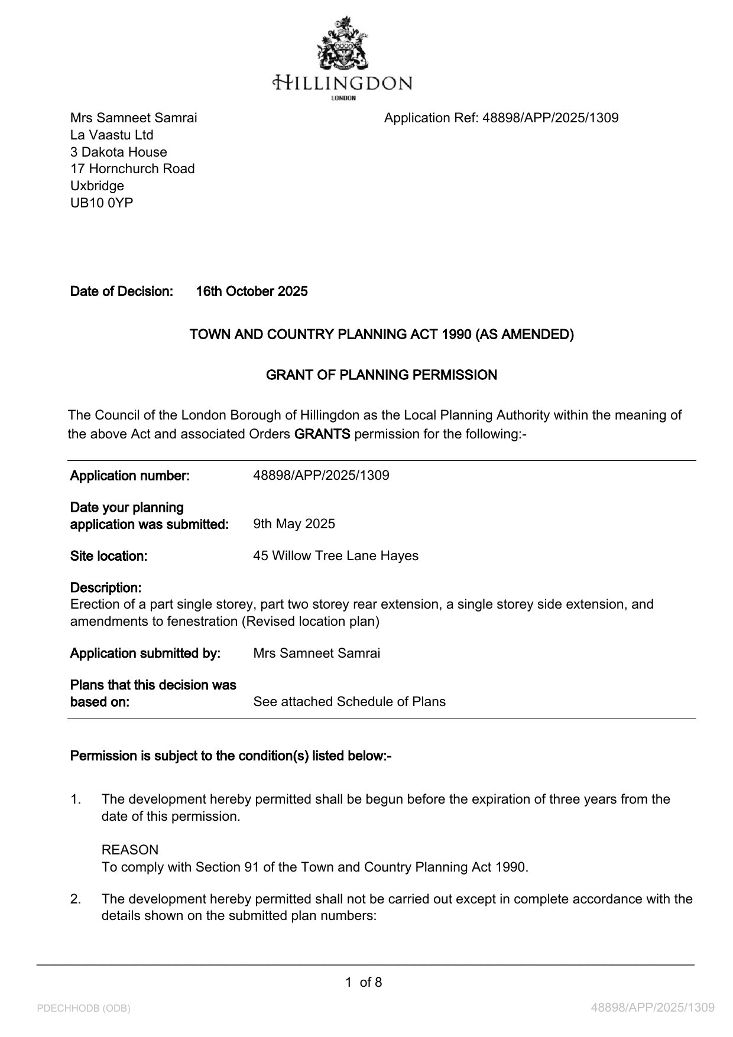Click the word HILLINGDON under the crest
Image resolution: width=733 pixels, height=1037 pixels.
tap(343, 83)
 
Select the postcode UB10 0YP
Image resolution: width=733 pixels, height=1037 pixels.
tap(102, 203)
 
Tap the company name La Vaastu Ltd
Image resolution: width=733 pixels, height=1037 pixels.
tap(112, 135)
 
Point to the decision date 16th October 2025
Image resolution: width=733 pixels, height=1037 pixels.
tap(252, 291)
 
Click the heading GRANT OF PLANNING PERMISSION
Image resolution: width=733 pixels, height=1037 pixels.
tap(381, 375)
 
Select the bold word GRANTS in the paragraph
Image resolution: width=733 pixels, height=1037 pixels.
tap(322, 434)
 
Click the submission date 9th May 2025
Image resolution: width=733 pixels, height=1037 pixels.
tap(294, 524)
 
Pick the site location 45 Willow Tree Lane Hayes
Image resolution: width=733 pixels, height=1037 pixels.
tap(335, 555)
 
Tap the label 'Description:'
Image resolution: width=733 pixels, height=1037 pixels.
tap(106, 587)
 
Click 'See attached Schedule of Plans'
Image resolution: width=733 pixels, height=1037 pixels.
tap(349, 701)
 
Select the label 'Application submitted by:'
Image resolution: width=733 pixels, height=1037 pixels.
tap(145, 653)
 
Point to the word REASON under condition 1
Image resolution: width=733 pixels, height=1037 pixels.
tap(130, 850)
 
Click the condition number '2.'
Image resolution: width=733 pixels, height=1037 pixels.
tap(76, 899)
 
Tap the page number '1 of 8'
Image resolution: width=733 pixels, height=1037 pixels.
tap(364, 982)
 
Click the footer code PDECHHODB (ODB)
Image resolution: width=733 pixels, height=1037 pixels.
tap(83, 1008)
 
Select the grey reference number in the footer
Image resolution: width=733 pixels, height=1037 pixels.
tap(653, 1007)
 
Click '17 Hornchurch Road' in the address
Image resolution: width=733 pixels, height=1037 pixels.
tap(132, 168)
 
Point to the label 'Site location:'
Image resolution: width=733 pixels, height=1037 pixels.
tap(109, 555)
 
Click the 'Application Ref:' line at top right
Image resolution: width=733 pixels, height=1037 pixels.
tap(501, 118)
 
